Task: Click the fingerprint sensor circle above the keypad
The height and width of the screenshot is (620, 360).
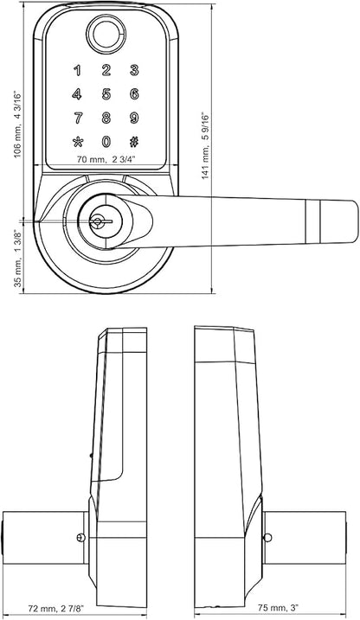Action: (106, 34)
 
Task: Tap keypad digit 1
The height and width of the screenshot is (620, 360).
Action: (78, 71)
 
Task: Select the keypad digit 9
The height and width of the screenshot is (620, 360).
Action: (134, 118)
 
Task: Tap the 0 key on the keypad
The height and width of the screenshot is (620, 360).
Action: (106, 142)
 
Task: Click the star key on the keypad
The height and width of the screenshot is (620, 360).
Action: (78, 142)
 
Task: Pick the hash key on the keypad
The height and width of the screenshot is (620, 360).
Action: (134, 142)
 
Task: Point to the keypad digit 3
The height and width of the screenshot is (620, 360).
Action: (134, 71)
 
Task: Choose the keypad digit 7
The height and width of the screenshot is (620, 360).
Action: (78, 118)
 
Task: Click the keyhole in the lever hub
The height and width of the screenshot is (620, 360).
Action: (97, 221)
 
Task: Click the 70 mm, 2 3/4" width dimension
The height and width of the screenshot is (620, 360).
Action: (106, 159)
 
